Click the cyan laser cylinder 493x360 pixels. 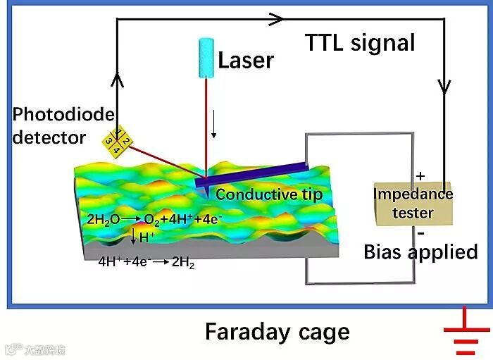205,54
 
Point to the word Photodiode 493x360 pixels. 63,114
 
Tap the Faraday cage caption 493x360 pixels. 277,331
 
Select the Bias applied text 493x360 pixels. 420,252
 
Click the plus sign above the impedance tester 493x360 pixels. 421,175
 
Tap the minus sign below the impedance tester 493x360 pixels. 420,232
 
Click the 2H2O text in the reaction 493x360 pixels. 104,219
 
